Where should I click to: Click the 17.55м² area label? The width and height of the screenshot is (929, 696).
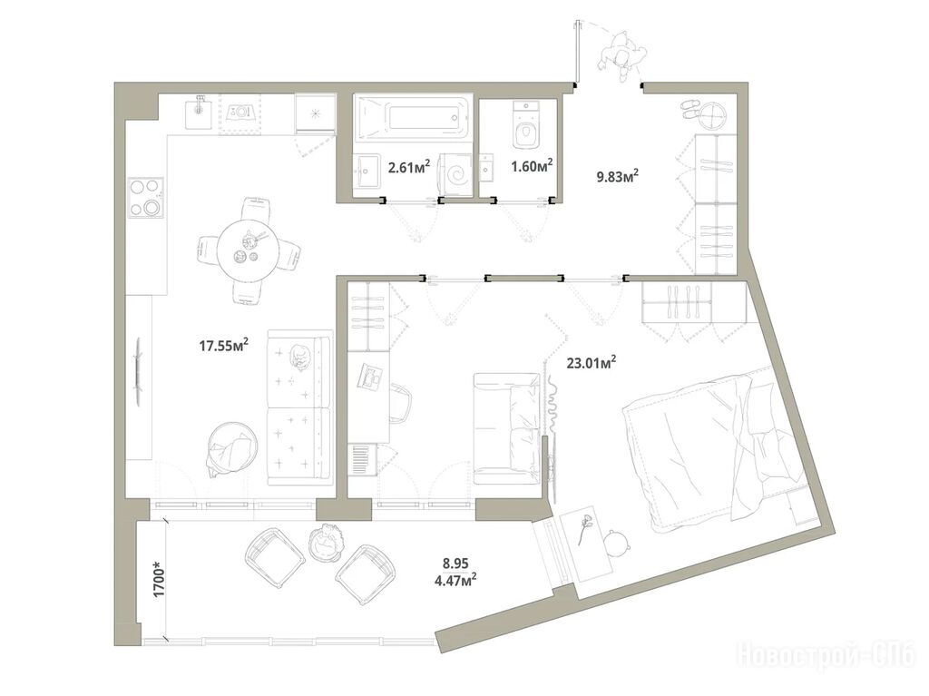(223, 345)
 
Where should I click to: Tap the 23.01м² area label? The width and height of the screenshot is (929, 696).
(592, 362)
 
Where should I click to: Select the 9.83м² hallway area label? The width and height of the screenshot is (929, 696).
(618, 176)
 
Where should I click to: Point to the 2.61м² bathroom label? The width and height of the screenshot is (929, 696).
(409, 167)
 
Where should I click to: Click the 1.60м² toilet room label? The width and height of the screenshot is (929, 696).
(532, 165)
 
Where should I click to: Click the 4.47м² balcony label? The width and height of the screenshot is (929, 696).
(456, 577)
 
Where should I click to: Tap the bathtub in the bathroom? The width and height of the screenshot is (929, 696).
(413, 118)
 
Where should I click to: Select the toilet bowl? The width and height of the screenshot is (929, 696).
(526, 126)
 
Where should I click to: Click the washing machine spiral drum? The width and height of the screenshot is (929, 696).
(457, 174)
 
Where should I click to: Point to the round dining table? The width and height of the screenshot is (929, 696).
(247, 250)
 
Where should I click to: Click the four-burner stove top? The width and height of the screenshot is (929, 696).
(146, 198)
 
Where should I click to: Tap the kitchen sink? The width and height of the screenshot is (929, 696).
(199, 113)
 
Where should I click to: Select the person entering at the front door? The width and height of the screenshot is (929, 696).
(621, 57)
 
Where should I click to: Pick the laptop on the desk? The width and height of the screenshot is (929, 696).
(371, 377)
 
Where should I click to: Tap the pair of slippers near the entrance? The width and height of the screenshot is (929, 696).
(689, 111)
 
